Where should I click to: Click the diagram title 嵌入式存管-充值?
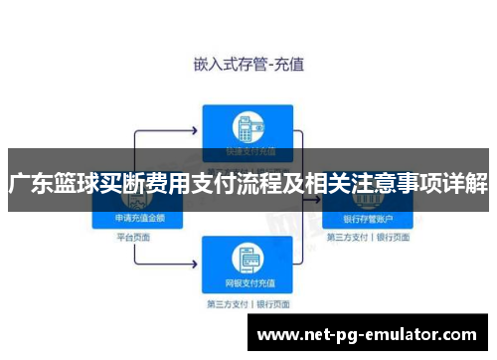pos(248,64)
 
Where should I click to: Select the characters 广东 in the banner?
pos(31,185)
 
